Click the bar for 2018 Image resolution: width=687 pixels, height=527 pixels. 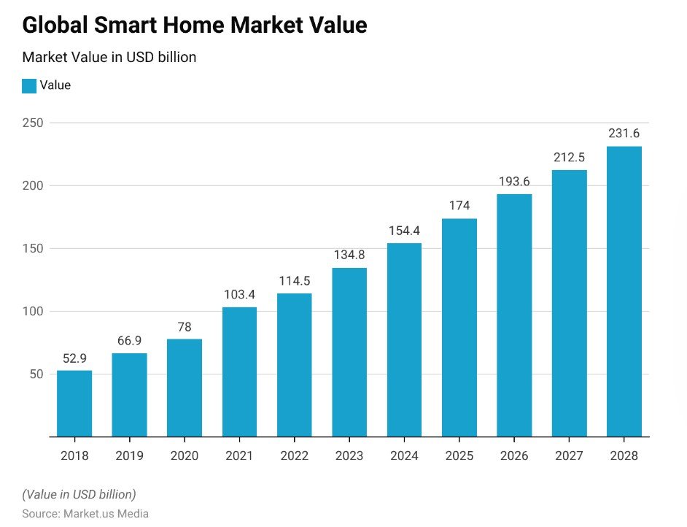tap(74, 404)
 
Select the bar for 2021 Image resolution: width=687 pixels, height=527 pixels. tap(239, 372)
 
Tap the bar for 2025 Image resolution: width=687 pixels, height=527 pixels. tap(459, 328)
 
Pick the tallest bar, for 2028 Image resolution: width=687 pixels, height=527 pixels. tap(624, 291)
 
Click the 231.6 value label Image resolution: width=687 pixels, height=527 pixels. tap(624, 134)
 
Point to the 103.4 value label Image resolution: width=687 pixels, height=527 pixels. tap(239, 294)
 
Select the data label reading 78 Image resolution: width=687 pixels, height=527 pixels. tap(185, 326)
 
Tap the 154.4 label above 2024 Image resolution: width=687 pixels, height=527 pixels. tap(404, 231)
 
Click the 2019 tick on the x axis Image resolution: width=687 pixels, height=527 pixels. tap(130, 455)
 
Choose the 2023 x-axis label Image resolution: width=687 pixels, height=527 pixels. tap(349, 455)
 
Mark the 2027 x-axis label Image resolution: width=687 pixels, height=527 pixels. tap(569, 455)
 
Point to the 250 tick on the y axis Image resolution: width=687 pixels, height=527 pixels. tap(33, 123)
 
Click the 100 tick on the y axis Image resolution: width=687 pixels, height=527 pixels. tap(33, 312)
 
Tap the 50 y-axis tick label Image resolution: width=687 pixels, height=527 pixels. tap(36, 374)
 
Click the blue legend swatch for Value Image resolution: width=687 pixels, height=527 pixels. tap(29, 86)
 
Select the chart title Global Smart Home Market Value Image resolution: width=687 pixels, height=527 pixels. tap(195, 26)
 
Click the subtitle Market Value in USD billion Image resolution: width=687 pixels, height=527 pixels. tap(109, 57)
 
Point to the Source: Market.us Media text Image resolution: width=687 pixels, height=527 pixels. tap(85, 514)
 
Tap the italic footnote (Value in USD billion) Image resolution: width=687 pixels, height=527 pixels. tap(79, 494)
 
